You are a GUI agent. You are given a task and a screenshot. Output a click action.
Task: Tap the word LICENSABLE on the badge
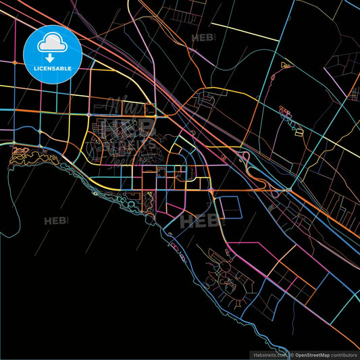52,68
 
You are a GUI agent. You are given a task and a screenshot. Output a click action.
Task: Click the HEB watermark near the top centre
203,38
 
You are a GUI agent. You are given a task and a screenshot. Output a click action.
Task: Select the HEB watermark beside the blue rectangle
202,220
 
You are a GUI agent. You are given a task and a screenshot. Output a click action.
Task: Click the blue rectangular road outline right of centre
230,207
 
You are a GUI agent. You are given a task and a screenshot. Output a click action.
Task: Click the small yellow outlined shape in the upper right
286,66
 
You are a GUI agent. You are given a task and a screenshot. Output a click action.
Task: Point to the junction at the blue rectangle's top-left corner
217,196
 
